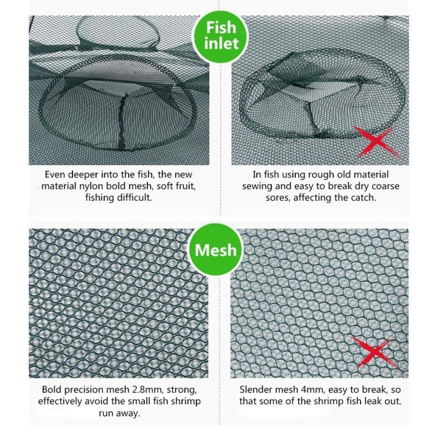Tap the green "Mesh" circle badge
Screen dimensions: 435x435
pyautogui.click(x=216, y=249)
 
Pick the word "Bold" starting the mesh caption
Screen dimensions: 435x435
pyautogui.click(x=51, y=390)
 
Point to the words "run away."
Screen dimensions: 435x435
pyautogui.click(x=119, y=413)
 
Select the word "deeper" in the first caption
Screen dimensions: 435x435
pyautogui.click(x=83, y=175)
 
